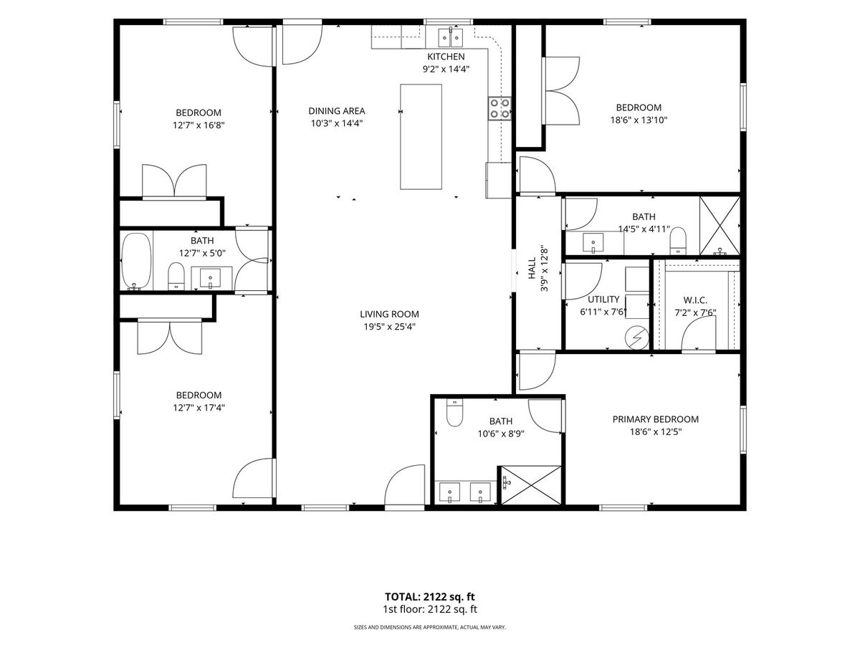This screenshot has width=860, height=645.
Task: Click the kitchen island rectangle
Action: coord(421,137)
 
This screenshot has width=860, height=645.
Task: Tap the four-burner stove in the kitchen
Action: coord(500,108)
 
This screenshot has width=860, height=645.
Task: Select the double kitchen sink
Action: coord(450,37)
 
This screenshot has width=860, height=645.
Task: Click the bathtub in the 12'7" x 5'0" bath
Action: coord(136,262)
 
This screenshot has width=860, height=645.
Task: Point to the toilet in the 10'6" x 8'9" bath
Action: coord(454,413)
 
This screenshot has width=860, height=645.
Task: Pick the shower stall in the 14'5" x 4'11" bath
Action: coord(720,226)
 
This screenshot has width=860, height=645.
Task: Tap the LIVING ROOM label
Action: coord(389,314)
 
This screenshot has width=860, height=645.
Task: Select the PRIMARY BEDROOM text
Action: coord(656,419)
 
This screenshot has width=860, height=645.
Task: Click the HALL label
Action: coord(532,268)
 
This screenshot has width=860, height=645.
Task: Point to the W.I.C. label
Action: coord(695,300)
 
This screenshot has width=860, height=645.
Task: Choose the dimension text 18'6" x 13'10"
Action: coord(639,120)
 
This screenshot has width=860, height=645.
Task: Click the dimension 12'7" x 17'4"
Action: coord(199,408)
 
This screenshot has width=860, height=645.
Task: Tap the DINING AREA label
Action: coord(337,111)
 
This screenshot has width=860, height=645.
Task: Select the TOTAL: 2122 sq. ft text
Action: coord(430,597)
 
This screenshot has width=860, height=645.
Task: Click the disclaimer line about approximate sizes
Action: coord(430,627)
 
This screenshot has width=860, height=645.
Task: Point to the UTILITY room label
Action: coord(603,300)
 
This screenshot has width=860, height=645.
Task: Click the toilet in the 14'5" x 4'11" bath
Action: coord(678,241)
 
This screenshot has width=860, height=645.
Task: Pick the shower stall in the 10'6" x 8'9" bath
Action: coord(531,485)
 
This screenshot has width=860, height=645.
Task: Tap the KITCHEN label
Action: coord(446,57)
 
